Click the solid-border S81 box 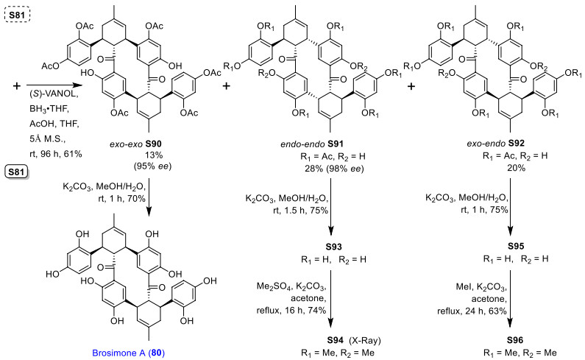click(18, 173)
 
